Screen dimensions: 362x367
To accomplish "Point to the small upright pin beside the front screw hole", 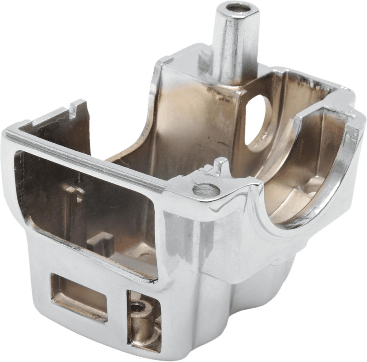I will [x=218, y=167].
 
